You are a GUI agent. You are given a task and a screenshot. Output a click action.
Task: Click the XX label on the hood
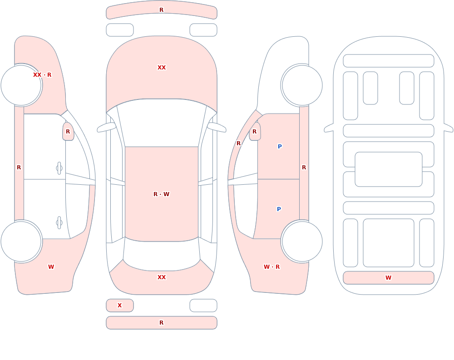pos(162,68)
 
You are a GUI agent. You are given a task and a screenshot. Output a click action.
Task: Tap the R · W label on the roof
pos(161,194)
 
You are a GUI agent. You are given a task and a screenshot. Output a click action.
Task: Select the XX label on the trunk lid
pos(162,277)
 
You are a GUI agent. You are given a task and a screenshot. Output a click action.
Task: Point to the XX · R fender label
pos(42,75)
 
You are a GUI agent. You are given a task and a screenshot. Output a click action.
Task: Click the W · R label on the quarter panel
pos(271,267)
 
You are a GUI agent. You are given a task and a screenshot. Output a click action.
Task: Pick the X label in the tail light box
pos(119,305)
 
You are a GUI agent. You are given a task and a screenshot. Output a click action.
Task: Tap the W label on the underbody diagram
pos(388,277)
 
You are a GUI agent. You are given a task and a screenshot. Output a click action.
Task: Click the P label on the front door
pos(280,146)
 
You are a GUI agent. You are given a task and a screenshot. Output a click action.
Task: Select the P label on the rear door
pos(279,209)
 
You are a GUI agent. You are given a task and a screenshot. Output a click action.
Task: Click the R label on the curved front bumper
pos(162,10)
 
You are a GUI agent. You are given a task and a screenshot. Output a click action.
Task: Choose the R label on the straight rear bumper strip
pos(162,322)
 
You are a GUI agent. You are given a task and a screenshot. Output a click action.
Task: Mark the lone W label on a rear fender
pos(51,267)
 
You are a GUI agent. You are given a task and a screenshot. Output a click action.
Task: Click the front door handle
pos(59,168)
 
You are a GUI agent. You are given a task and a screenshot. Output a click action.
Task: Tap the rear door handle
pos(59,223)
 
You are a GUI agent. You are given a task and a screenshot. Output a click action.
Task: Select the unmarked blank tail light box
pos(203,306)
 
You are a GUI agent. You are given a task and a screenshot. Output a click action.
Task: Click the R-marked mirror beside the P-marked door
pos(255,132)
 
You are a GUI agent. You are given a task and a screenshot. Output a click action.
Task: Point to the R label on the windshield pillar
pos(239,143)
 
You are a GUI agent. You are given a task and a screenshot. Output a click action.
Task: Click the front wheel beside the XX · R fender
pos(21,85)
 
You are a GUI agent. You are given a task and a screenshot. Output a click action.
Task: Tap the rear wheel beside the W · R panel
pos(302,241)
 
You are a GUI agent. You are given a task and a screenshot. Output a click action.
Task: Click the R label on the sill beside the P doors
pos(304,168)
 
